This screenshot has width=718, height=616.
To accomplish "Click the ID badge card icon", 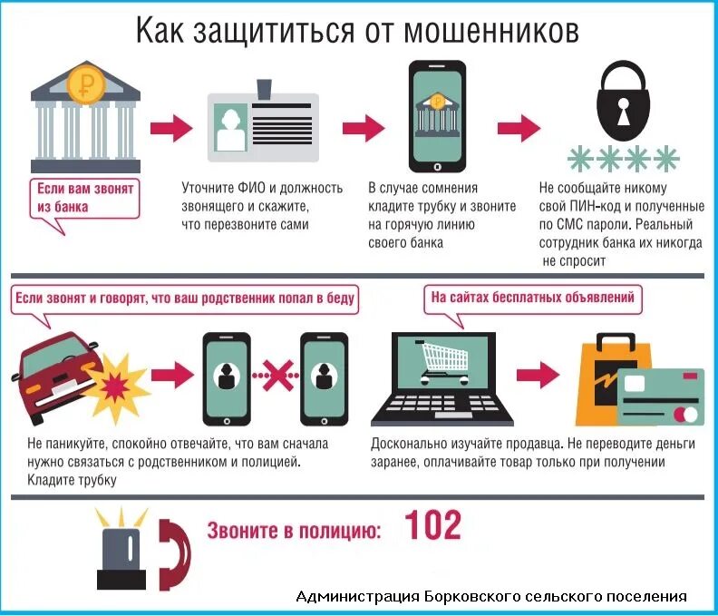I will (263, 125).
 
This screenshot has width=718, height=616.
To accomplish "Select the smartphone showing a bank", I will (439, 115).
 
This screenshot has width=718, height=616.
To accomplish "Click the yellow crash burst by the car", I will (116, 382).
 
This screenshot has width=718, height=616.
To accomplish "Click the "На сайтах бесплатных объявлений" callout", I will (533, 297).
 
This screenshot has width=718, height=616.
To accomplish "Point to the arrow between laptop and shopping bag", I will (538, 374).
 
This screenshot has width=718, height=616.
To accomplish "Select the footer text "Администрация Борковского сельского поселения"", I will (491, 596).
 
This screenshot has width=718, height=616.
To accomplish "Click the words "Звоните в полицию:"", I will (293, 530).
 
